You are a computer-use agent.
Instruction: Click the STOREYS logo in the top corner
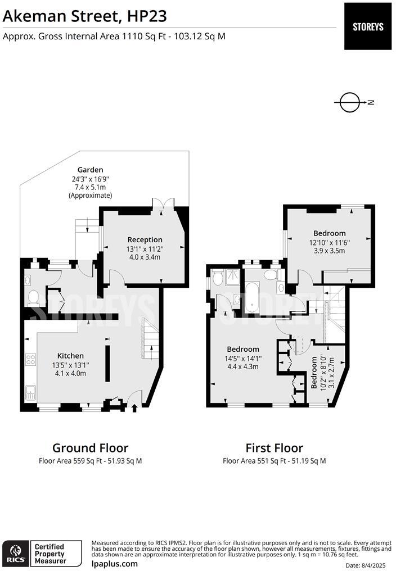click(x=368, y=26)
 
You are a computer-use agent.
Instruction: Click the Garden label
click(x=90, y=170)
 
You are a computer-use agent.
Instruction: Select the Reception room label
click(x=145, y=239)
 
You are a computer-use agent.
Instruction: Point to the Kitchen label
click(x=70, y=356)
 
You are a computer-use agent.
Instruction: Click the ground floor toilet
click(x=33, y=296)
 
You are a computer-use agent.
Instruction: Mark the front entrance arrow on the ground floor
click(x=134, y=407)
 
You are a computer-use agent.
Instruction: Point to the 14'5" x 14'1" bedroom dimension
click(x=243, y=358)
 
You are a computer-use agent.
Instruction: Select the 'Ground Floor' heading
click(x=90, y=448)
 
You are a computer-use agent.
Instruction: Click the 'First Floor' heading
click(x=274, y=448)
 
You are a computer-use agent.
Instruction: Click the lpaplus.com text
click(x=114, y=564)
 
